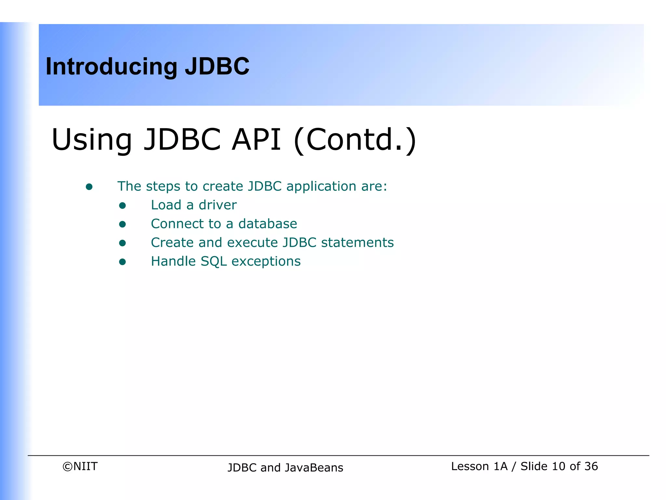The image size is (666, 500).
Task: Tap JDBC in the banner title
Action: click(217, 66)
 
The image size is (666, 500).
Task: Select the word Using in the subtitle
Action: click(92, 140)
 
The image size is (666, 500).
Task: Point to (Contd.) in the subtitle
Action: click(354, 140)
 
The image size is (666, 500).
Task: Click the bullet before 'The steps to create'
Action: click(89, 187)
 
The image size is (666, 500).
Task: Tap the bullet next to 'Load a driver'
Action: click(122, 205)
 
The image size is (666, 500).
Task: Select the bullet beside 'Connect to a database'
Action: click(122, 224)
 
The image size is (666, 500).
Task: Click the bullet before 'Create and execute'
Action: click(122, 243)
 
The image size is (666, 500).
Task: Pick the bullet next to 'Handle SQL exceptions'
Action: click(122, 262)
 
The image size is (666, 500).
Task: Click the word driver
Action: click(218, 205)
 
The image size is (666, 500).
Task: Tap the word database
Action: click(268, 224)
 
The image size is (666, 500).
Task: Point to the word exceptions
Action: click(266, 262)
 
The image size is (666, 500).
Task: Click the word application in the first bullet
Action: click(321, 187)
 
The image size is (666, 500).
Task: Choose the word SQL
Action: click(214, 262)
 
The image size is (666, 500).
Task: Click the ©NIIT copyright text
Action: click(80, 466)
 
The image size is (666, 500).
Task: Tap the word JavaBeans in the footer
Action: click(314, 468)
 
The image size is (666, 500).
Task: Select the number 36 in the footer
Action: click(591, 466)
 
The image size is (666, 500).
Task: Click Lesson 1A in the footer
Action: click(479, 466)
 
